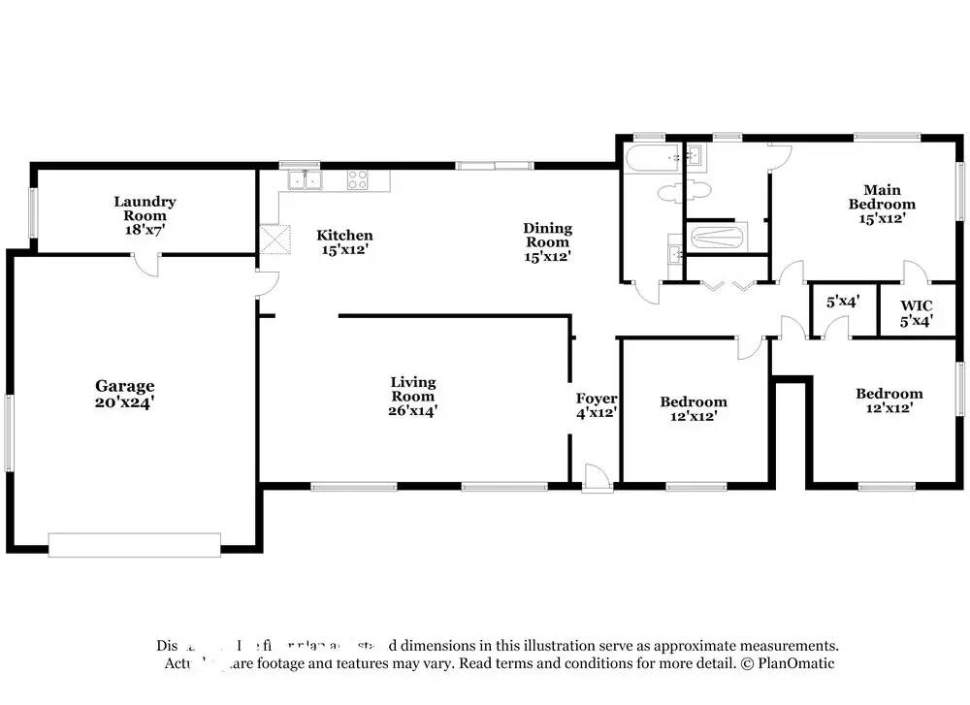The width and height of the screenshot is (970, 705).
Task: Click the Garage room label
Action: (124, 385)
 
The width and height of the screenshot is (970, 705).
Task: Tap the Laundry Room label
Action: (145, 208)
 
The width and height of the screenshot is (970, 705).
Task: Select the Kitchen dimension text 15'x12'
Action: (344, 249)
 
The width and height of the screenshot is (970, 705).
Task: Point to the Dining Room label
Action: (548, 236)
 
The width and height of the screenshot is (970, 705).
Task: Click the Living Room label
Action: (413, 389)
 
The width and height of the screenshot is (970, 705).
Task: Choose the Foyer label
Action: (597, 399)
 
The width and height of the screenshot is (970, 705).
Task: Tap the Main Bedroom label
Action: (882, 197)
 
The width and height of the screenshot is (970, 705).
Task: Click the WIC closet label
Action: (917, 305)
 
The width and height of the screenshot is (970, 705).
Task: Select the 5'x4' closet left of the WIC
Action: (843, 302)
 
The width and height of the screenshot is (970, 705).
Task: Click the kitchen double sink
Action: (305, 178)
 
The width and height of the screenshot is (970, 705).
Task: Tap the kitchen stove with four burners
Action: (358, 178)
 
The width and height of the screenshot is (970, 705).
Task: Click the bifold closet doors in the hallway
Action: (727, 285)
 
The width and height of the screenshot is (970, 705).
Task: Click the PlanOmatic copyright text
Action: (788, 663)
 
